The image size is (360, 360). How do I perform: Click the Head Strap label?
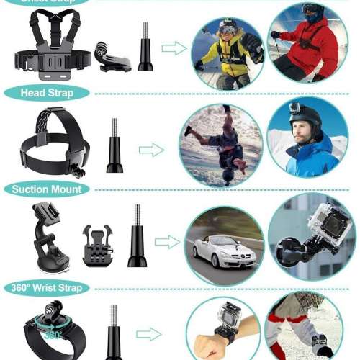click(47, 93)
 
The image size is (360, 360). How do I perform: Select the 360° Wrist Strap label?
click(50, 287)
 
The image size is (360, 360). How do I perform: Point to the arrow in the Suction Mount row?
click(167, 243)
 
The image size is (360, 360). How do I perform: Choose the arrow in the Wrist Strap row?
click(148, 334)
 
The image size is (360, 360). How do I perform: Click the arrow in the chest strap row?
click(173, 48)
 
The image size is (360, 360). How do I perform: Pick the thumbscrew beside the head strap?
click(114, 148)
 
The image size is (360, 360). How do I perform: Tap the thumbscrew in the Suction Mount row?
click(137, 237)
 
